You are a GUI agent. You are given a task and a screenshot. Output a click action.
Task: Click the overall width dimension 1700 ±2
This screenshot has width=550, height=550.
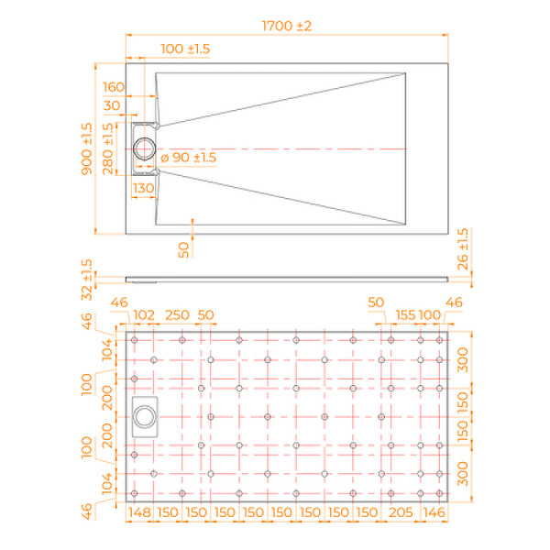click(x=287, y=26)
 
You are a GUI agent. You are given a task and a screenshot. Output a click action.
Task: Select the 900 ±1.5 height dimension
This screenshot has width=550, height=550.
click(x=86, y=149)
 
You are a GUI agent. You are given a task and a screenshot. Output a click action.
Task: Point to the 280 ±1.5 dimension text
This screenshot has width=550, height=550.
click(x=109, y=149)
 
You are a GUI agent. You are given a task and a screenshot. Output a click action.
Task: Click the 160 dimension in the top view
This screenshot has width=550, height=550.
click(x=114, y=87)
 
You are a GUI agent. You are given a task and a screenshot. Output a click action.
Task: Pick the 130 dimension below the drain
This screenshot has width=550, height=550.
click(x=143, y=188)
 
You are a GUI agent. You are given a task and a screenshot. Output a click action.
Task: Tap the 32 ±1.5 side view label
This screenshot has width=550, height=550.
click(x=86, y=280)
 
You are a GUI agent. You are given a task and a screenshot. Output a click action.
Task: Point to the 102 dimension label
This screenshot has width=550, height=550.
click(x=145, y=314)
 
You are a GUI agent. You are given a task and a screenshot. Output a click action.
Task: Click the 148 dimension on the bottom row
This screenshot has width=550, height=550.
click(x=139, y=511)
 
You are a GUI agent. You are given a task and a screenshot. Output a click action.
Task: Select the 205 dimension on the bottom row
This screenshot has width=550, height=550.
click(x=395, y=511)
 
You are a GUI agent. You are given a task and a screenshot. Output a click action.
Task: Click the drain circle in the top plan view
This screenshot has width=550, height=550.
click(x=145, y=148)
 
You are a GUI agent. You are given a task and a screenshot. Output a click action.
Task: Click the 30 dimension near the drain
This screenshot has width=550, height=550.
click(x=114, y=105)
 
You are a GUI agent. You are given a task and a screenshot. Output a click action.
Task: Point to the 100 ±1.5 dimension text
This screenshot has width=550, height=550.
click(x=186, y=48)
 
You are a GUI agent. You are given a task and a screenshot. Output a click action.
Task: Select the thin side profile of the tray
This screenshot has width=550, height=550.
click(x=287, y=274)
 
